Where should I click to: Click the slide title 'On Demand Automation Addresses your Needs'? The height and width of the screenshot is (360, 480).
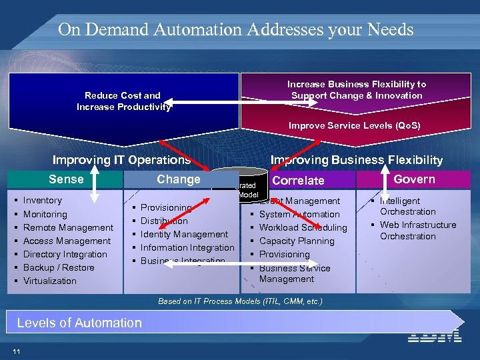(x=235, y=29)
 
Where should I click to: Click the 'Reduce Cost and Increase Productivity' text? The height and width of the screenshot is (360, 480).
(x=123, y=101)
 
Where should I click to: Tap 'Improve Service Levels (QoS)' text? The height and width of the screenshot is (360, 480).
(x=354, y=125)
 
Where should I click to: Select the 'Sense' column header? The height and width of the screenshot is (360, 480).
(x=66, y=179)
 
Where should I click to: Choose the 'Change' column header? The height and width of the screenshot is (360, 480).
(x=178, y=179)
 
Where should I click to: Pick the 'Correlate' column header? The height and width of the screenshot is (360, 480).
(x=298, y=180)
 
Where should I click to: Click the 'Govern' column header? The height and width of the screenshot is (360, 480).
(x=414, y=179)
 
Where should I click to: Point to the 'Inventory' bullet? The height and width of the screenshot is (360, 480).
(x=42, y=200)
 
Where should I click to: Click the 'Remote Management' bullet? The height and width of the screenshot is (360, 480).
(x=68, y=227)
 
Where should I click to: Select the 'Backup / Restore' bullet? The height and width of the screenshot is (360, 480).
(x=59, y=267)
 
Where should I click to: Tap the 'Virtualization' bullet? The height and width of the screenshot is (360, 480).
(x=50, y=281)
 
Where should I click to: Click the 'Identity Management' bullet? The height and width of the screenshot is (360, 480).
(x=184, y=234)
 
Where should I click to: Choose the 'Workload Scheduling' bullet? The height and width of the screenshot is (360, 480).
(x=303, y=227)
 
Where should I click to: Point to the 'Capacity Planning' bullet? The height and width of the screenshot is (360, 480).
(x=297, y=241)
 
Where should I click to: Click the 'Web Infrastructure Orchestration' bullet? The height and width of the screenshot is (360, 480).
(x=417, y=230)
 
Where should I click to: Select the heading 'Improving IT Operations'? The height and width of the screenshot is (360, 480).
(x=121, y=159)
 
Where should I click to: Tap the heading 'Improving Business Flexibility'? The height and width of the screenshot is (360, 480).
(x=356, y=159)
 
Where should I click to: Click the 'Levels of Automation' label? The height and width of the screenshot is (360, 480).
(x=79, y=323)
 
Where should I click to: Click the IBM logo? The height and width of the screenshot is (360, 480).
(x=435, y=335)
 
